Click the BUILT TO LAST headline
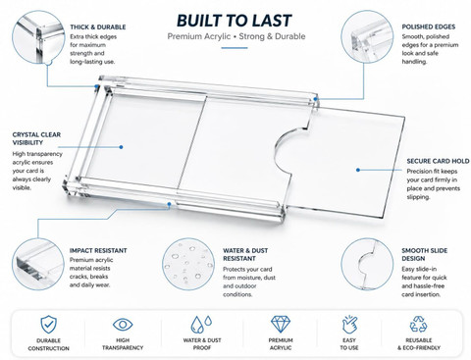coord(234,21)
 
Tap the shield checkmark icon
coord(48,324)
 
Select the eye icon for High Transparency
coord(123,325)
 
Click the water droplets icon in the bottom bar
coord(201,324)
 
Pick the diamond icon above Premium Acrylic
coord(281,324)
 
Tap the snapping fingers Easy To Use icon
coord(349,324)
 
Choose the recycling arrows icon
coord(419,324)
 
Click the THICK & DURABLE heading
coord(98,27)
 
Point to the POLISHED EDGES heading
coord(429,27)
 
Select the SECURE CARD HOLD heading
coord(438,161)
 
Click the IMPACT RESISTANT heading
coord(98,251)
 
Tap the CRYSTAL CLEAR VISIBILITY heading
coord(36,138)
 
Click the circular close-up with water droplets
coord(188,264)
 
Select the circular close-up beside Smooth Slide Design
coord(367,264)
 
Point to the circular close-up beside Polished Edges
coord(367,36)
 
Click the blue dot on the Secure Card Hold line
coord(358,170)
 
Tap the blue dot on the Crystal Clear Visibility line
coord(121,147)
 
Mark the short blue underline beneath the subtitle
coord(235,48)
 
